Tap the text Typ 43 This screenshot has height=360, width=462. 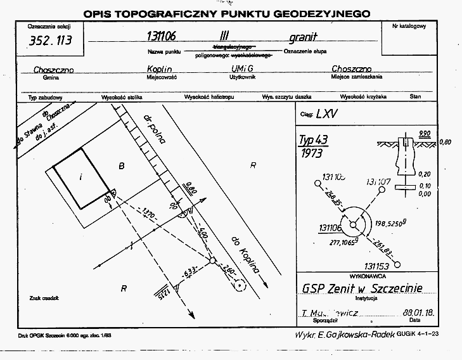[315, 141]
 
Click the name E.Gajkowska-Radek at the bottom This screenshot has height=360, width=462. [354, 333]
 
